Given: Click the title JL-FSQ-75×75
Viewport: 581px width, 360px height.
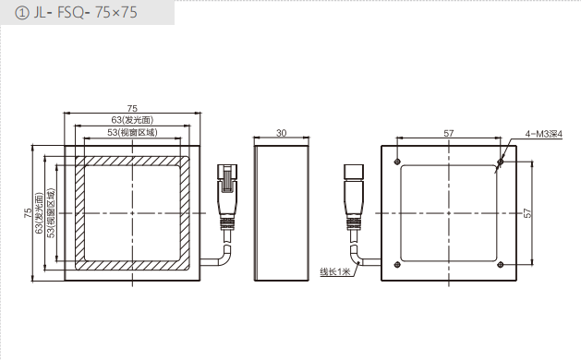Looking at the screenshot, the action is [85, 13].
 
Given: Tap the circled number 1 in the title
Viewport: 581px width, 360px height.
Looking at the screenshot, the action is [22, 13].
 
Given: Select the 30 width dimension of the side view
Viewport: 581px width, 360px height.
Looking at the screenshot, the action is [281, 133].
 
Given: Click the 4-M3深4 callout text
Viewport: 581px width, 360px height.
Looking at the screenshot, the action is [543, 134].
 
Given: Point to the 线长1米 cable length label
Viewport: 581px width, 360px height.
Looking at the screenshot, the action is [335, 271].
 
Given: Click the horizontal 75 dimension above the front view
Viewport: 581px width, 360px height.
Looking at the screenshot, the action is [132, 108].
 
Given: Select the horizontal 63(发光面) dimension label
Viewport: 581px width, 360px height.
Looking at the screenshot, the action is [132, 120].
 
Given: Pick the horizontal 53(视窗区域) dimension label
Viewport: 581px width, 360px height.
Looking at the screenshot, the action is [132, 132].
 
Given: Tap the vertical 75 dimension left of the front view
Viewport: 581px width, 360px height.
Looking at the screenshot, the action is [28, 212].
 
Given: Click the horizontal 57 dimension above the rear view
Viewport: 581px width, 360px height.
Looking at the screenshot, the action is [449, 133].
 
